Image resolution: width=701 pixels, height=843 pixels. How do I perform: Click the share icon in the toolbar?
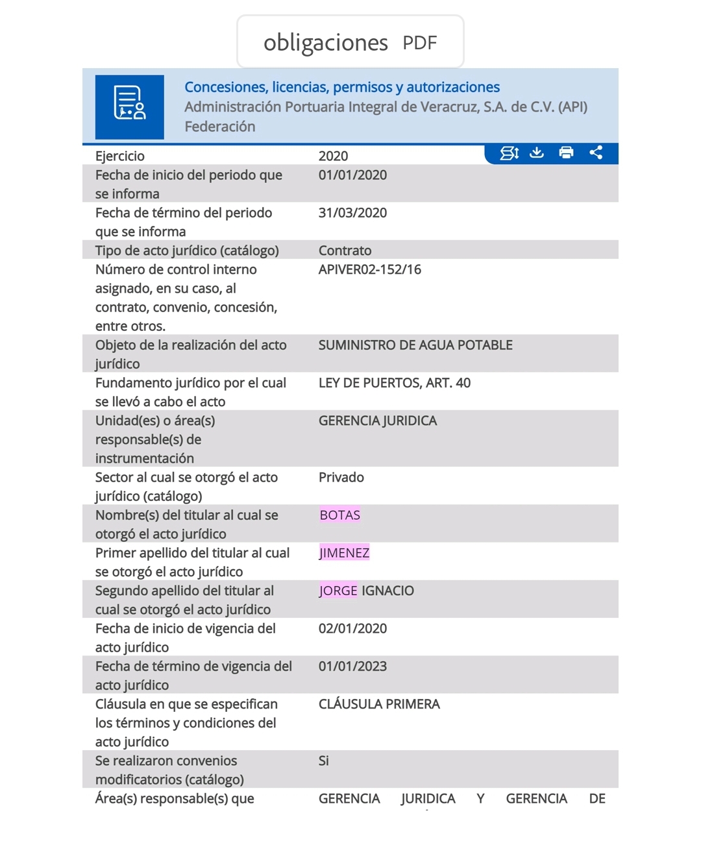point(596,153)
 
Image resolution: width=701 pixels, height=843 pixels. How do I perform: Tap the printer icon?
point(566,153)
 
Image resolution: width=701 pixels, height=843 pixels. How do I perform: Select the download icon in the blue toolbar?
point(537,153)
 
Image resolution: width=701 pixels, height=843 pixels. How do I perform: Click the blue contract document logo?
point(130,107)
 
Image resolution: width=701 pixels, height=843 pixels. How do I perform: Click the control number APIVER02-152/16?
point(369,269)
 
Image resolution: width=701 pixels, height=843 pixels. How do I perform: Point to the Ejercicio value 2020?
point(333,156)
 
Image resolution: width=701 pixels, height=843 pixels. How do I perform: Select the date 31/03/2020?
point(352,213)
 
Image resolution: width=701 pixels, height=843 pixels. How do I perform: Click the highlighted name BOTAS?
point(339,515)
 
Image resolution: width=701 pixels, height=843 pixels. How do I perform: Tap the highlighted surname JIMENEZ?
point(344,553)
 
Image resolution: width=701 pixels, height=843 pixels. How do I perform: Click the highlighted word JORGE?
point(338,591)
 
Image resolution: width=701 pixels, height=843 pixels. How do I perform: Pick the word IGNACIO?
point(387,591)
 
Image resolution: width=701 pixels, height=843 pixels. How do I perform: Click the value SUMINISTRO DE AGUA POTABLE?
point(415,345)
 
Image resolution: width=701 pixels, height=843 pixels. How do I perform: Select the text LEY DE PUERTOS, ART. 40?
point(394,383)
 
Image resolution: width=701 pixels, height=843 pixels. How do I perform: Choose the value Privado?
point(341,478)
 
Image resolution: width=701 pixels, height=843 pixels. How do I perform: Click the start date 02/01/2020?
point(352,628)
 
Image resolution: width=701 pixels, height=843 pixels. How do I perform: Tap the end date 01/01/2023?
point(352,666)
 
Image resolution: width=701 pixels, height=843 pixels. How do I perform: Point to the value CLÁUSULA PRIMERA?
point(379,704)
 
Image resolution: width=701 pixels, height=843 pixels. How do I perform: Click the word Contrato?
point(345,250)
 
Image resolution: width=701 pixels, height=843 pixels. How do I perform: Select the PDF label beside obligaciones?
point(419,43)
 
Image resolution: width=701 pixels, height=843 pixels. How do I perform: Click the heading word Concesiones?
point(225,87)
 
